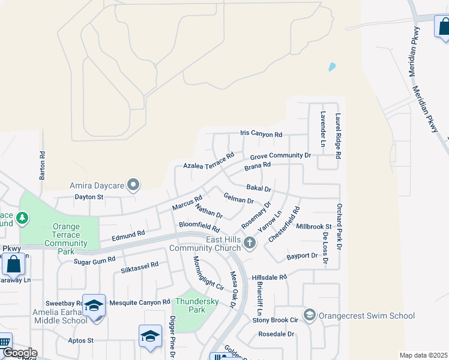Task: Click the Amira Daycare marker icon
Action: [133, 185]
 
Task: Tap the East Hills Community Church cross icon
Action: [250, 243]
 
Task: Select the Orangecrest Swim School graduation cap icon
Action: [309, 315]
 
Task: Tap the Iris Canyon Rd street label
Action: [261, 135]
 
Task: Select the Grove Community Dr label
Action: [281, 155]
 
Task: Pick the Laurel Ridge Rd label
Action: [339, 136]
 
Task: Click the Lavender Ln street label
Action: [322, 129]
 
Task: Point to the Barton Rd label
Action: [42, 165]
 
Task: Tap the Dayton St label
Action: [89, 196]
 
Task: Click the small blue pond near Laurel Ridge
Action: [332, 67]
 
